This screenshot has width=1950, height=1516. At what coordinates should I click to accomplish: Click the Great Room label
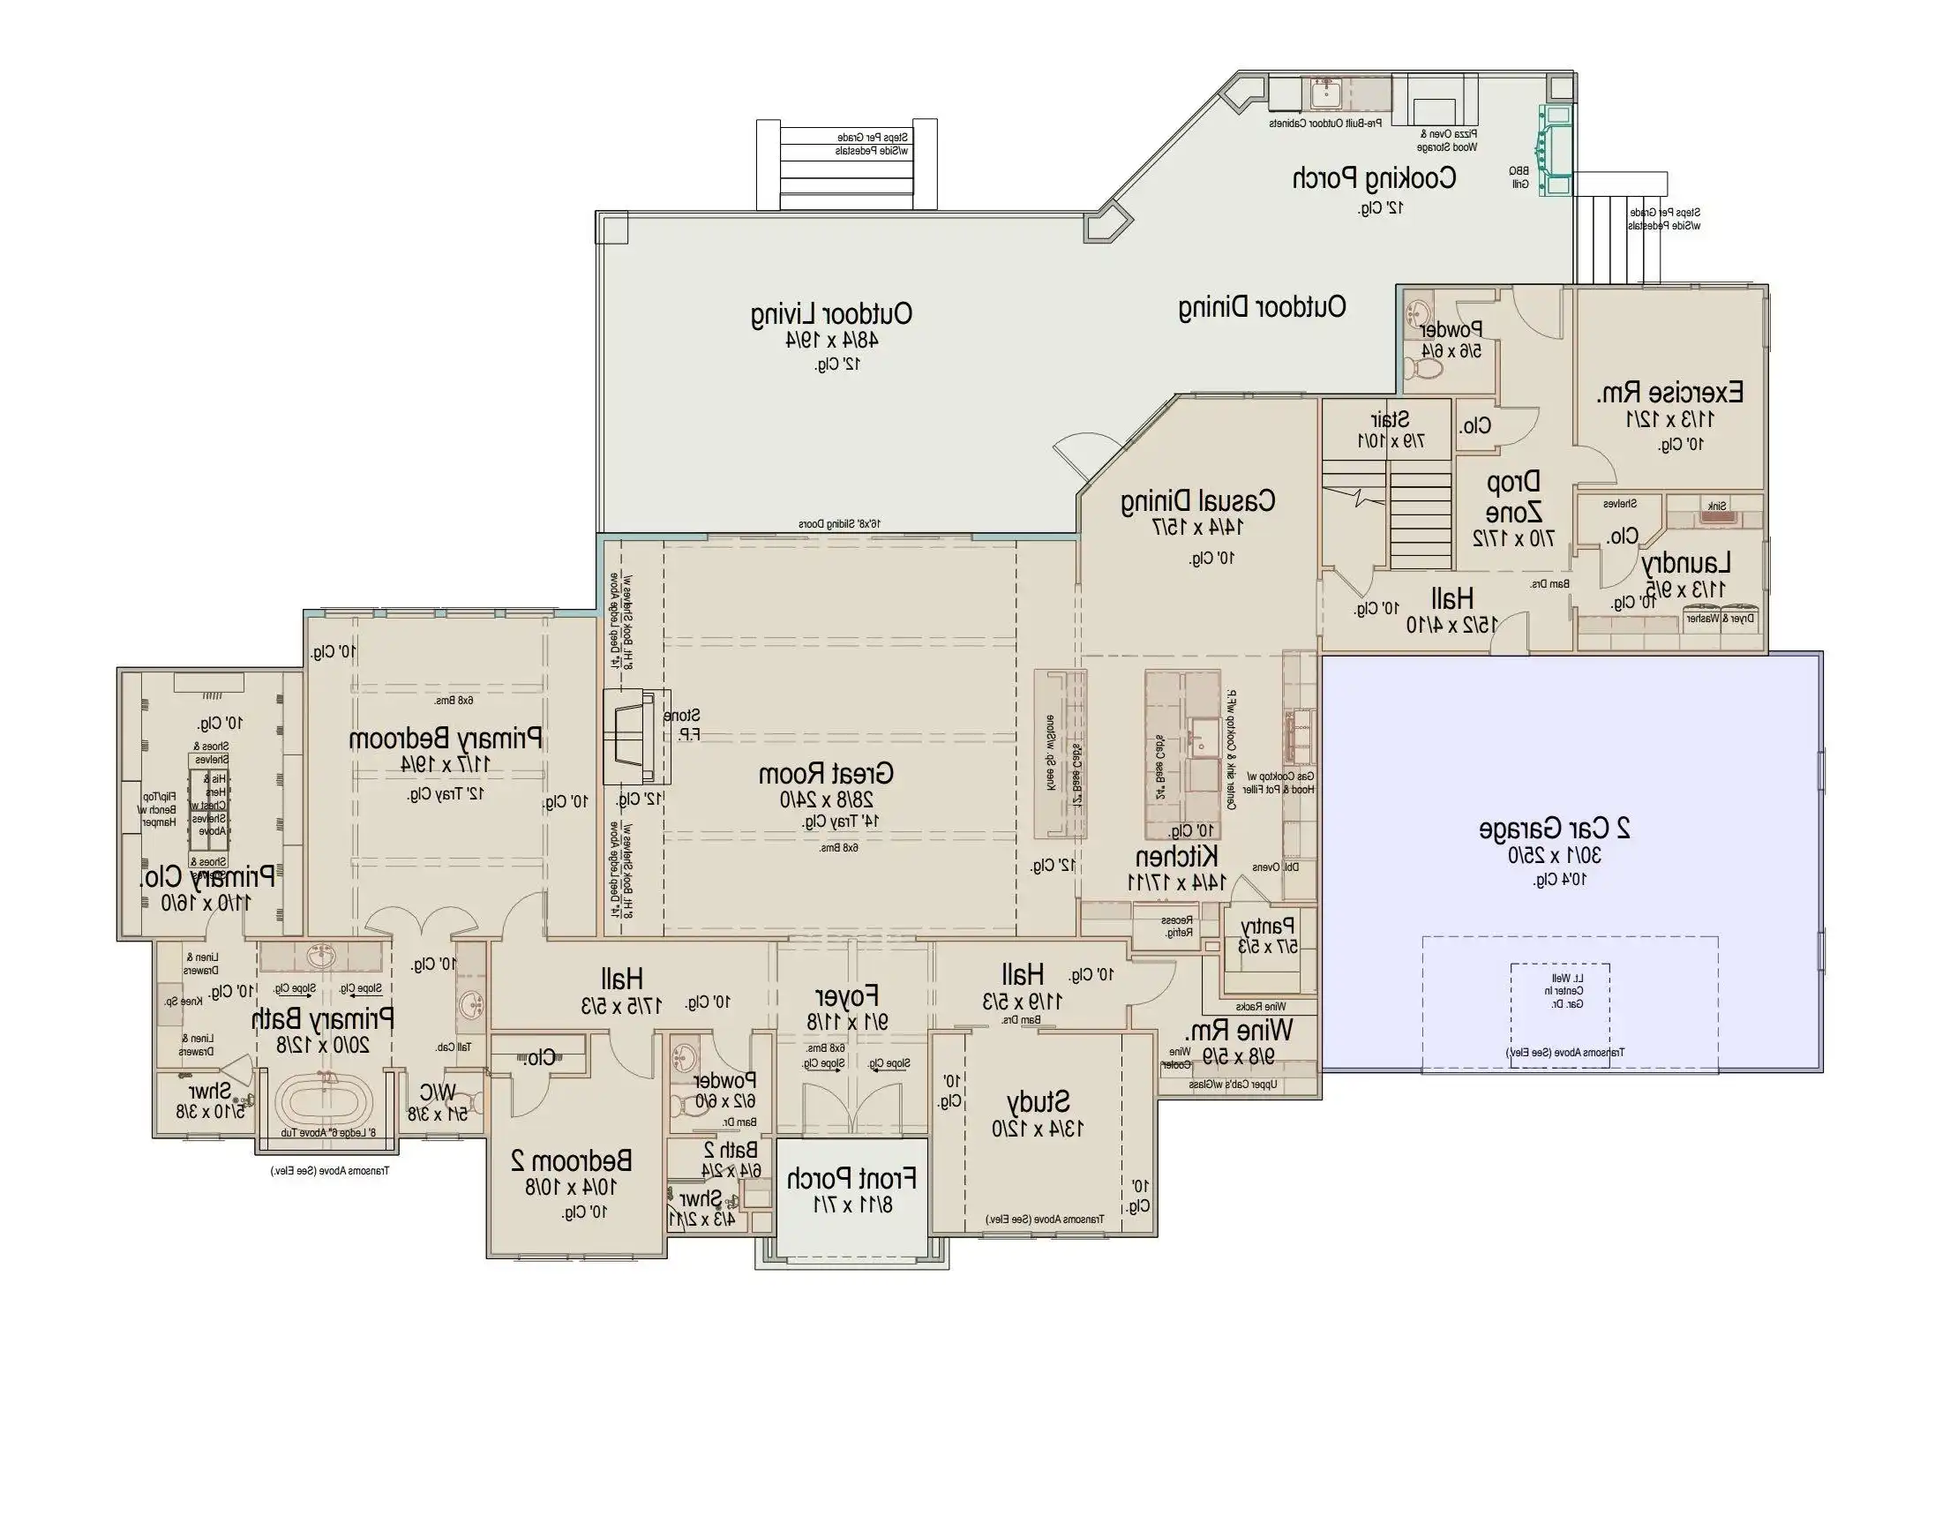(x=825, y=773)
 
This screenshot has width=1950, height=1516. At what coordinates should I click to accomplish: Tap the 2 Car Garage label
(x=1555, y=828)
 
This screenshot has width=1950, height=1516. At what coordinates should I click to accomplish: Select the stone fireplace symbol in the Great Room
(x=634, y=737)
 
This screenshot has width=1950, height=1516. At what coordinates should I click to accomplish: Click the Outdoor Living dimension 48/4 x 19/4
(x=831, y=339)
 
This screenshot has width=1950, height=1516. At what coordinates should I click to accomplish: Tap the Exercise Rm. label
(x=1669, y=392)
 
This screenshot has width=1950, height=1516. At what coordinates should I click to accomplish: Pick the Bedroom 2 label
(x=572, y=1160)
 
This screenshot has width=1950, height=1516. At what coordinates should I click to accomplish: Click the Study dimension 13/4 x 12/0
(x=1039, y=1129)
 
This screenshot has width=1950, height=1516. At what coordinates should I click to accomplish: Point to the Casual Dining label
(x=1197, y=502)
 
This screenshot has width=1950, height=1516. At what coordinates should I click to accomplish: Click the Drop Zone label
(x=1512, y=498)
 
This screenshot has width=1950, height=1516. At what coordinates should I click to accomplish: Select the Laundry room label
(x=1685, y=563)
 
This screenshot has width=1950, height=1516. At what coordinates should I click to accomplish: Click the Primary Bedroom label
(x=445, y=739)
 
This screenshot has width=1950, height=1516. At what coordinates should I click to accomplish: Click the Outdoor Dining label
(x=1262, y=307)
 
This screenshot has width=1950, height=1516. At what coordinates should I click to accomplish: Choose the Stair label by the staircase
(x=1391, y=419)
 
